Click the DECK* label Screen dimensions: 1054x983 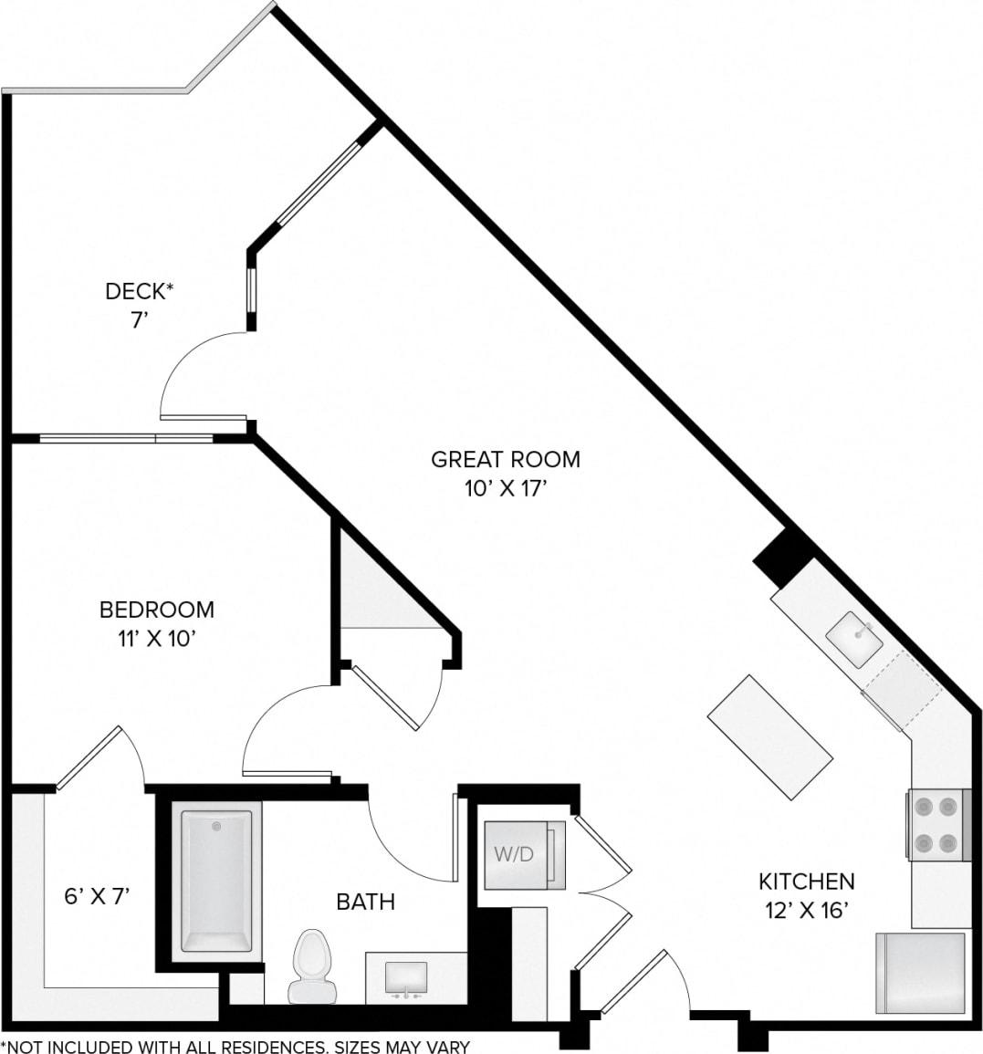[x=139, y=291]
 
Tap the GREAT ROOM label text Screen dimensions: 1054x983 [x=505, y=458]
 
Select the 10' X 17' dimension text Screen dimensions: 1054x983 [x=505, y=489]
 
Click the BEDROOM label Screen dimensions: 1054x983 [x=157, y=609]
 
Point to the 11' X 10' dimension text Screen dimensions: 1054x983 [x=157, y=639]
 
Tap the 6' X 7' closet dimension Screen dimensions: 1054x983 [x=97, y=896]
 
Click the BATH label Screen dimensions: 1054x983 [x=365, y=902]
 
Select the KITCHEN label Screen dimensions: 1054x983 [x=807, y=882]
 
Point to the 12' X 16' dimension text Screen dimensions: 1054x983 [x=807, y=911]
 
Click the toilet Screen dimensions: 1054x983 [x=312, y=967]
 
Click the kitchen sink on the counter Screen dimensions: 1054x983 [x=854, y=637]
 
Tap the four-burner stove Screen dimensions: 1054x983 [x=937, y=824]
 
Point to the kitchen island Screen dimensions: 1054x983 [x=769, y=737]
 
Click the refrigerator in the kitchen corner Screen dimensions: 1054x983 [x=920, y=973]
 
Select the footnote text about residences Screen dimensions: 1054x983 [x=235, y=1046]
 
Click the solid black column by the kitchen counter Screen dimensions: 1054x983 [x=783, y=558]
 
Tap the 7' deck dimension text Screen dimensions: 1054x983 [x=139, y=320]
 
